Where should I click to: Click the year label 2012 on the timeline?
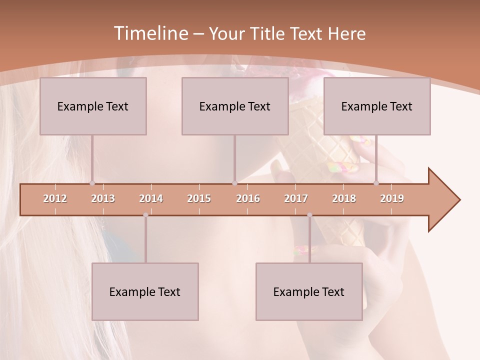point(55,198)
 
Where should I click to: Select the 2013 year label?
point(103,198)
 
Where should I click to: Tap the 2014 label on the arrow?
point(151,198)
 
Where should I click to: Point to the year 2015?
point(199,198)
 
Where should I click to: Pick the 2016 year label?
point(248,198)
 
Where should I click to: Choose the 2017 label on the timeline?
point(296,198)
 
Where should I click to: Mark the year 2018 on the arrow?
point(344,198)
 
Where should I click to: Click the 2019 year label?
point(392,198)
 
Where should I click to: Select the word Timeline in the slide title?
point(150,33)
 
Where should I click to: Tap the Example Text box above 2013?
point(93,106)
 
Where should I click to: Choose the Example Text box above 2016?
point(235,106)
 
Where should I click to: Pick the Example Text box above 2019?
point(377,106)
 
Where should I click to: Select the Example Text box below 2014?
point(145,291)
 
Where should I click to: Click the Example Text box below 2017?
point(309,291)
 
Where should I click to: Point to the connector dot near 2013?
point(92,183)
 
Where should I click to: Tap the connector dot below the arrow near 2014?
point(145,215)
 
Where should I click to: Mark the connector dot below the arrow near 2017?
point(309,215)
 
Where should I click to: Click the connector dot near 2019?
point(376,183)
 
